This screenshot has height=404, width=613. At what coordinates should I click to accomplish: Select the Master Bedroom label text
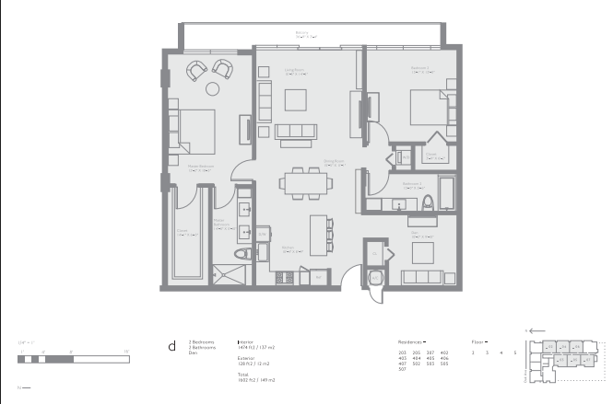click(200, 168)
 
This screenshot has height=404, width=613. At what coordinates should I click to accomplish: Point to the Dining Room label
click(333, 164)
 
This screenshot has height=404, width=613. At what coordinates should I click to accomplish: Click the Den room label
click(416, 236)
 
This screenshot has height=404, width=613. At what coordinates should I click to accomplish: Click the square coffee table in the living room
click(295, 98)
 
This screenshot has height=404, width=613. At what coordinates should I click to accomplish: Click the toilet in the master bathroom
click(242, 255)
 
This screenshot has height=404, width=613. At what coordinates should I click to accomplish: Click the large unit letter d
click(171, 346)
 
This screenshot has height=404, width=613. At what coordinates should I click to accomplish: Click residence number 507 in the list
click(402, 371)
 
